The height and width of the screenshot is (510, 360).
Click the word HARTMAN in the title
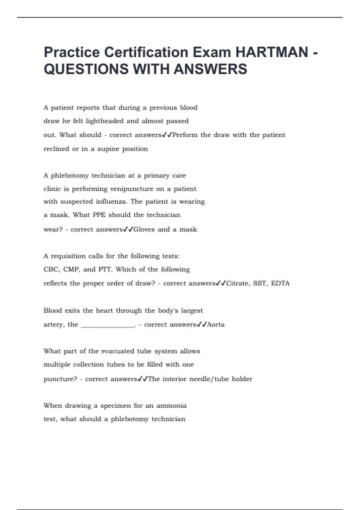(x=272, y=52)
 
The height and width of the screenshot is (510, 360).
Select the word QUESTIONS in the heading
(x=86, y=69)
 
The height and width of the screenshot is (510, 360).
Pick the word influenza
(x=112, y=201)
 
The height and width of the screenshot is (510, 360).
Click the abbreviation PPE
(x=99, y=215)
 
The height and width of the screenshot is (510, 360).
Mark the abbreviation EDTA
(x=280, y=283)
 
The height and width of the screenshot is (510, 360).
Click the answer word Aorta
(x=216, y=324)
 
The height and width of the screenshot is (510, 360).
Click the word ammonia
(x=171, y=406)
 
